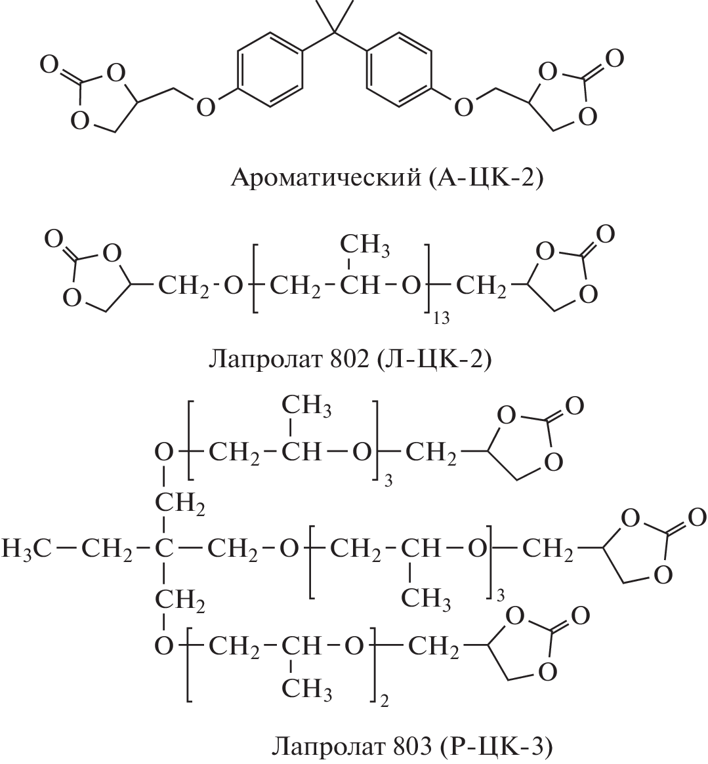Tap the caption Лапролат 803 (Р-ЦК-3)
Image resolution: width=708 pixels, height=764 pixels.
pyautogui.click(x=412, y=746)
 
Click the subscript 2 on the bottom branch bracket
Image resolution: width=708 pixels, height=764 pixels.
pyautogui.click(x=384, y=702)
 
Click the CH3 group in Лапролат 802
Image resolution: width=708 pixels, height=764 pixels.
pyautogui.click(x=365, y=245)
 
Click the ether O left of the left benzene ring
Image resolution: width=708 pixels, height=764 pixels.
pyautogui.click(x=206, y=107)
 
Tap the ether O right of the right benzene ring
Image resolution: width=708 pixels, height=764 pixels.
pyautogui.click(x=464, y=107)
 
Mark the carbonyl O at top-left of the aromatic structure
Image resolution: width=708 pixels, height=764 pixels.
pyautogui.click(x=51, y=65)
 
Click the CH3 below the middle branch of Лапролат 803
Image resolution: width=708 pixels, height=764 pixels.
pyautogui.click(x=426, y=598)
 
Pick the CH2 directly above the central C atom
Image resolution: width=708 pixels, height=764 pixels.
pyautogui.click(x=180, y=503)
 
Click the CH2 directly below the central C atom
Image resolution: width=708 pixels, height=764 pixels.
pyautogui.click(x=180, y=599)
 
